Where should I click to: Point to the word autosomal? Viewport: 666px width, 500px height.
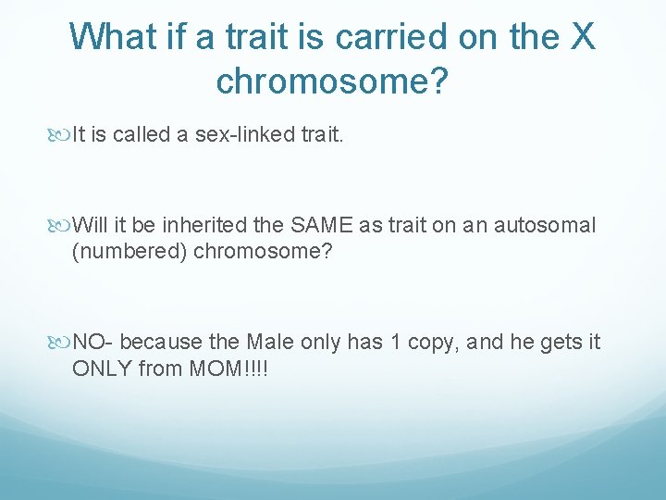pos(545,225)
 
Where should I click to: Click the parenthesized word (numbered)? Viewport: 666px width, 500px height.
pos(129,252)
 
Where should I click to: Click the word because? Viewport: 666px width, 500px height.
pos(162,343)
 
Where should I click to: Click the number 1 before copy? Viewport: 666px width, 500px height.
pos(395,343)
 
